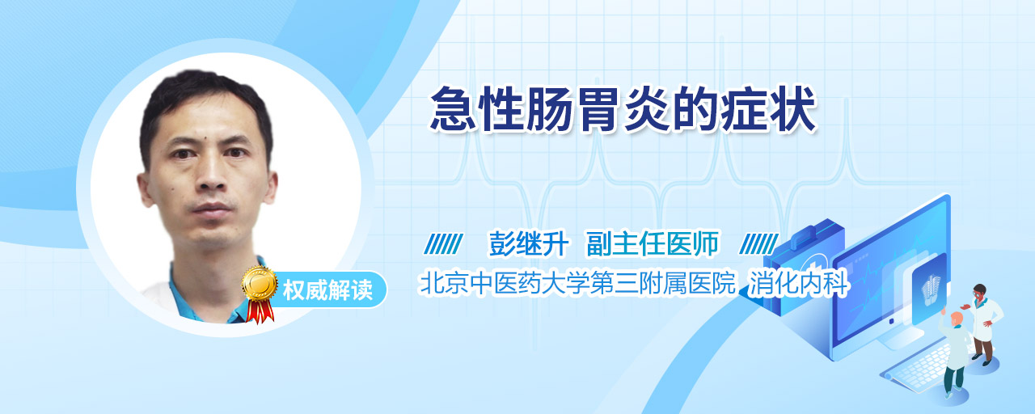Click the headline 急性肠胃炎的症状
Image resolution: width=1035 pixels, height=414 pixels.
pos(623,110)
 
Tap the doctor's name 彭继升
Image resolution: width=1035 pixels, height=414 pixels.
pos(529,243)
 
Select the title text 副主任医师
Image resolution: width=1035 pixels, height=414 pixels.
pos(653,243)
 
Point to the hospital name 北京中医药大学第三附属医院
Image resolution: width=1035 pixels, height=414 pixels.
pos(577,283)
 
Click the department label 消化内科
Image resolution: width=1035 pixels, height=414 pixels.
pos(798,283)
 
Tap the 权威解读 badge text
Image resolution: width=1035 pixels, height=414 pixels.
pos(327,290)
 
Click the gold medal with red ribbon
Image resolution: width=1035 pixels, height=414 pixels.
pos(260,294)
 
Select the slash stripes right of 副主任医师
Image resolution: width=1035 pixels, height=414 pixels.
pos(758,244)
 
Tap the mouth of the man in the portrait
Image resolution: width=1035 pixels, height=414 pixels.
pos(212,209)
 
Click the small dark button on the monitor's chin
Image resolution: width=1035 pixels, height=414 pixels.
pos(891,321)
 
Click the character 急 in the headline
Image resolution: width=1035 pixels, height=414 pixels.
pos(453,110)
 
